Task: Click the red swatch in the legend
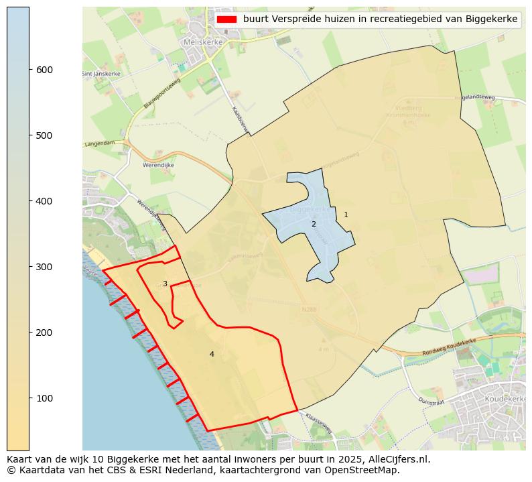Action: click(x=227, y=19)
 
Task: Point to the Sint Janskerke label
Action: click(x=97, y=74)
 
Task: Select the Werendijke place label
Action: click(x=158, y=165)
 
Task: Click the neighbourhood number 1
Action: click(x=346, y=215)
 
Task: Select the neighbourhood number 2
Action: click(x=314, y=224)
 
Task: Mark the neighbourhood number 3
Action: click(x=165, y=284)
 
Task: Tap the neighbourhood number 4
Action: click(x=212, y=354)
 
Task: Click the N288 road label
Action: click(x=309, y=310)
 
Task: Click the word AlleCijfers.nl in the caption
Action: click(x=399, y=460)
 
